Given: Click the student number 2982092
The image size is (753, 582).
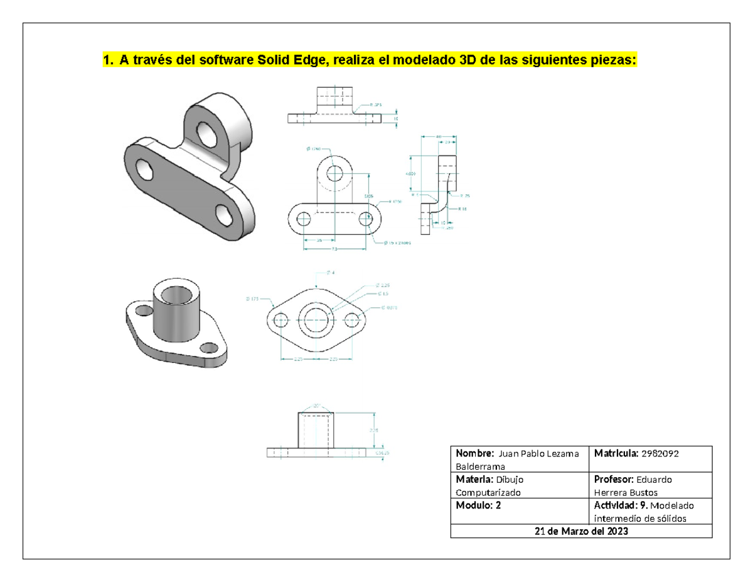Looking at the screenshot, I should click(x=660, y=453).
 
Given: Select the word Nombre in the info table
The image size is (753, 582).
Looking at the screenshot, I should click(x=474, y=453).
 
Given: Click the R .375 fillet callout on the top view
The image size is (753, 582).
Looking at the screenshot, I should click(x=376, y=105).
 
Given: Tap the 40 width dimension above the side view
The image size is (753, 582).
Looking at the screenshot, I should click(x=438, y=136).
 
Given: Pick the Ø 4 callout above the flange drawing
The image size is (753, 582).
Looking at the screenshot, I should click(x=331, y=273).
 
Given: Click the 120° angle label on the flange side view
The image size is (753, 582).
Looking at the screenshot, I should click(x=314, y=406).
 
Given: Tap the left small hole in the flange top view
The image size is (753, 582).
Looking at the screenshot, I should click(x=281, y=318).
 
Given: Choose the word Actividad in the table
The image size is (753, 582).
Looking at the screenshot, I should click(x=611, y=506).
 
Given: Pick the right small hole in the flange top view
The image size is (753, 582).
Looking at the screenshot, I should click(x=352, y=318).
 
